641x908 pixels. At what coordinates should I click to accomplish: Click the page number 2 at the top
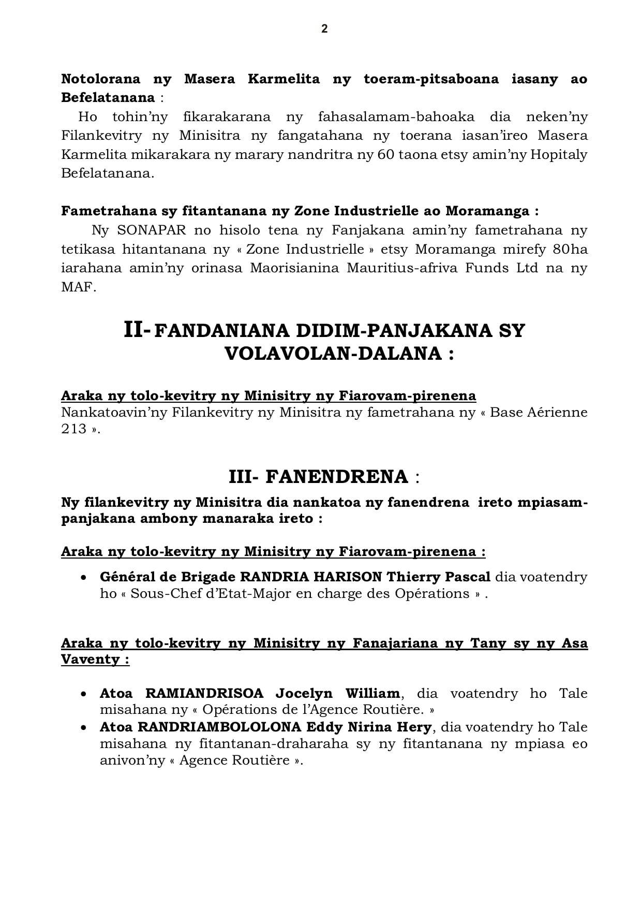click(x=324, y=29)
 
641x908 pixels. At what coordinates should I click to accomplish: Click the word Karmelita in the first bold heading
click(x=284, y=79)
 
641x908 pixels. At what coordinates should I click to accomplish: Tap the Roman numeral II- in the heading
click(x=138, y=330)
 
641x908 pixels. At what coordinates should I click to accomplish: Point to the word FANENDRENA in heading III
click(x=337, y=477)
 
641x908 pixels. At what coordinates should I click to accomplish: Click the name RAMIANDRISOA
click(x=204, y=693)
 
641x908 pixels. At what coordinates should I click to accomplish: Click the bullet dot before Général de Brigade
click(x=83, y=577)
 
